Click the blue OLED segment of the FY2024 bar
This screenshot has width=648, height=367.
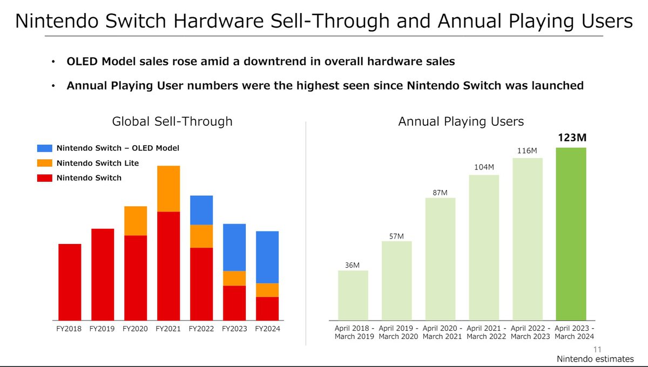[267, 257]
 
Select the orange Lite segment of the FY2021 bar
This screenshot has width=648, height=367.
[168, 188]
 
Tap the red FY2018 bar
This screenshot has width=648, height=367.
[70, 282]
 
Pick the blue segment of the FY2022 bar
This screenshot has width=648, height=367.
[201, 210]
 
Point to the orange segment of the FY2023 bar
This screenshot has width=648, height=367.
[234, 278]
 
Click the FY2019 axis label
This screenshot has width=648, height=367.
[103, 329]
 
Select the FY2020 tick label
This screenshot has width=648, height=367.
[136, 329]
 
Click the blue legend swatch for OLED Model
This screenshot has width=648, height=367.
[45, 148]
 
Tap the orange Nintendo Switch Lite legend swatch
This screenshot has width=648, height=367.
[45, 163]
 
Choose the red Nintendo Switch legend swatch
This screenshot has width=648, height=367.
[45, 178]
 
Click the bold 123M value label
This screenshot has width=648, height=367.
[571, 138]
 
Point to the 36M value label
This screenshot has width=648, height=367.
[353, 264]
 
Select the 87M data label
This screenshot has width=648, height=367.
[440, 192]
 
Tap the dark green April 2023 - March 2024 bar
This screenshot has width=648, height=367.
[571, 234]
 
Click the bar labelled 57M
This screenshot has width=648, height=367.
[396, 281]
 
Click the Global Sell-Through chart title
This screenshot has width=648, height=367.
[172, 121]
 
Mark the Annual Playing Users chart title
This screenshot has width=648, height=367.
[461, 121]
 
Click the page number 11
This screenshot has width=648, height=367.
[597, 349]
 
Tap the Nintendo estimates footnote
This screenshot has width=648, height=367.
[596, 359]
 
